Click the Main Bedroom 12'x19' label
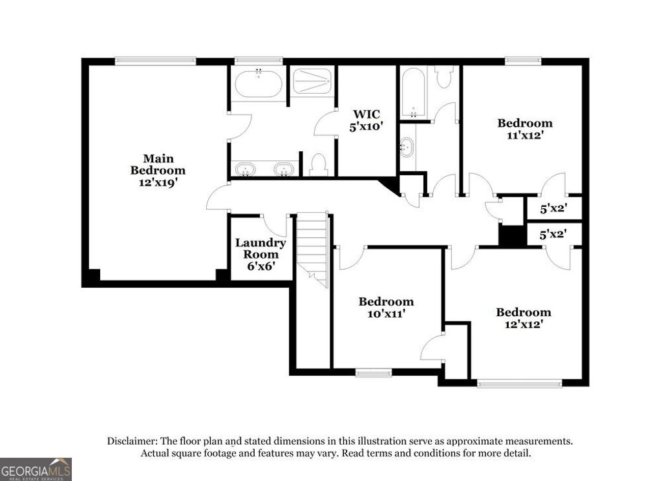point(158,170)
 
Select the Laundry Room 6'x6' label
point(260,253)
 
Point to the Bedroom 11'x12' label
point(524,129)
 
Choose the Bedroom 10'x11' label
point(386,307)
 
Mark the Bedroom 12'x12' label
point(523,318)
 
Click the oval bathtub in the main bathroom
point(258,84)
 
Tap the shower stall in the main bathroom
point(312,81)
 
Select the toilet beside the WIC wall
point(317,165)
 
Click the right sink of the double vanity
point(283,169)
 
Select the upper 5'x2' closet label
point(554,209)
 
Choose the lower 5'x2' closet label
point(554,234)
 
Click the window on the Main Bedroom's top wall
point(155,61)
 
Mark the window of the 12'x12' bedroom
point(520,383)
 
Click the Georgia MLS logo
point(36,469)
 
